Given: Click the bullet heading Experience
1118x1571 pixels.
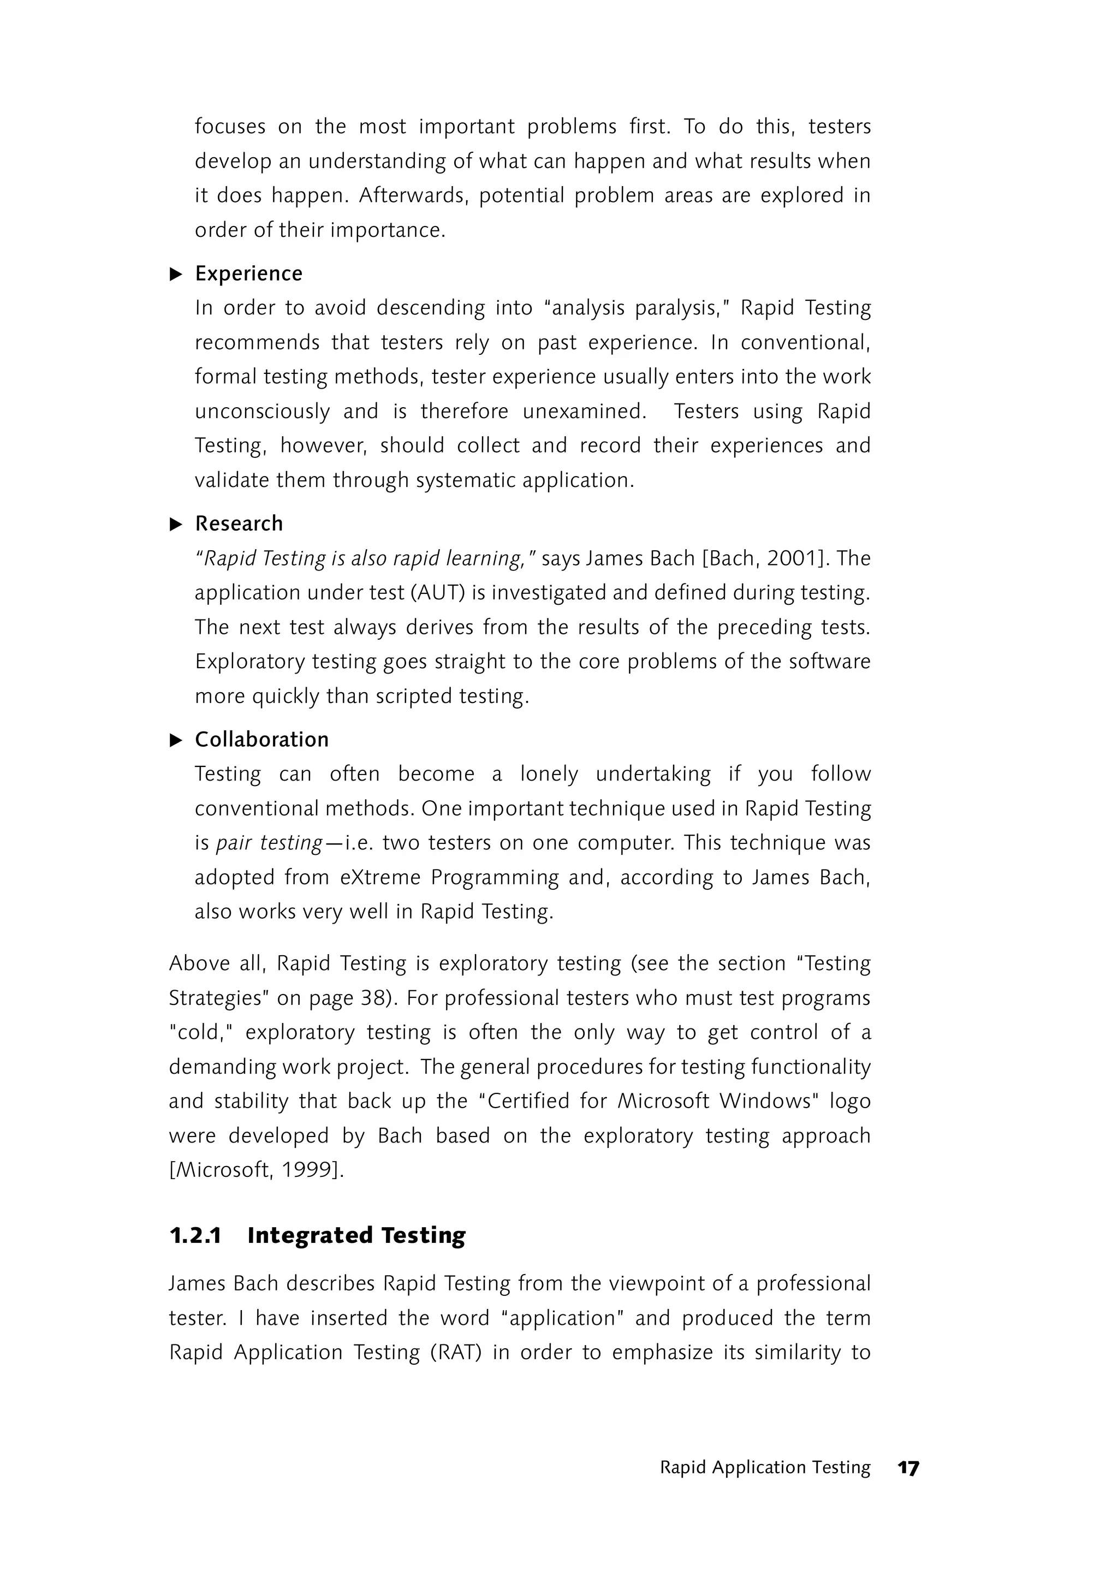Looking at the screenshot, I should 248,273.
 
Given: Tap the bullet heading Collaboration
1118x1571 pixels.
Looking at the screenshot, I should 261,740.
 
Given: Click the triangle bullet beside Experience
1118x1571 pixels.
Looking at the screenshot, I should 176,274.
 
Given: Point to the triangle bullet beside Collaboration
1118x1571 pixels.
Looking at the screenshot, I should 176,740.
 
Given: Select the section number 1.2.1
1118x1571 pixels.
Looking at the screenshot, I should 195,1236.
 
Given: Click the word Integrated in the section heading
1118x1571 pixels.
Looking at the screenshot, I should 310,1236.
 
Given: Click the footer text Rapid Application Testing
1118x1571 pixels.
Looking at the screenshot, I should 765,1468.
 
